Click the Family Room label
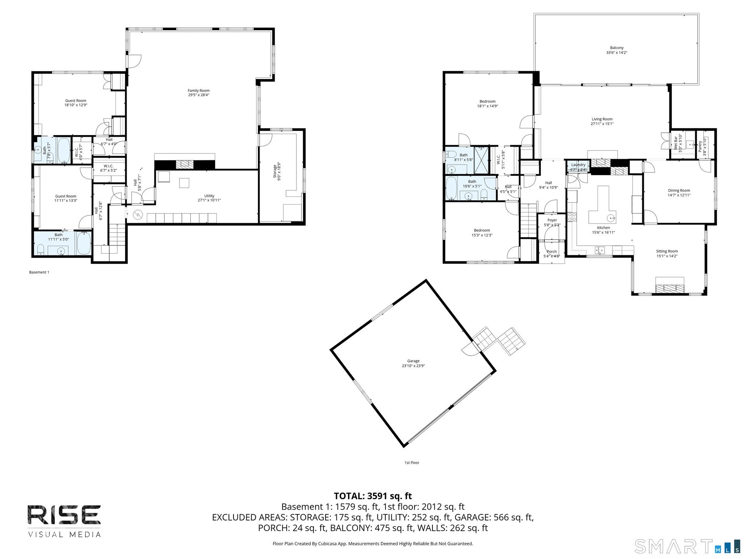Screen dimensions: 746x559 point(199,90)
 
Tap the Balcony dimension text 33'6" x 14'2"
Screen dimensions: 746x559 point(617,52)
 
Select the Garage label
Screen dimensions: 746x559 point(413,361)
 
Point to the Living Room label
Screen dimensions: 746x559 point(602,119)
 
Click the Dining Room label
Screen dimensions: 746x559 point(679,191)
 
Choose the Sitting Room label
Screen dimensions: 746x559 point(667,251)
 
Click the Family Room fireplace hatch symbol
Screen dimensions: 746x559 point(185,164)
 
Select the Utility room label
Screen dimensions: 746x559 point(209,196)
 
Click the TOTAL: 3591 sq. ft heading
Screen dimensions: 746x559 point(373,496)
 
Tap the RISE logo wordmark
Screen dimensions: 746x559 point(64,515)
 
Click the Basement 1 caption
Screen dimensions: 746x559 point(39,272)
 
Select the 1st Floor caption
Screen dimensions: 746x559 point(412,463)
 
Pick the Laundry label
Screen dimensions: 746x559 point(578,165)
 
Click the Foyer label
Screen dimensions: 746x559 point(552,220)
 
